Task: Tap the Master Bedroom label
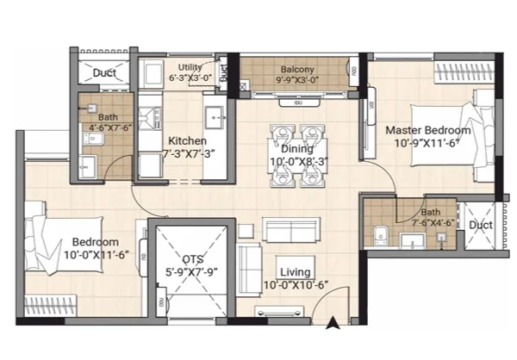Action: click(428, 130)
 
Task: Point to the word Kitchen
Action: click(185, 140)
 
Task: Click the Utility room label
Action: click(190, 67)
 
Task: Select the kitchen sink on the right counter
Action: click(213, 115)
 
